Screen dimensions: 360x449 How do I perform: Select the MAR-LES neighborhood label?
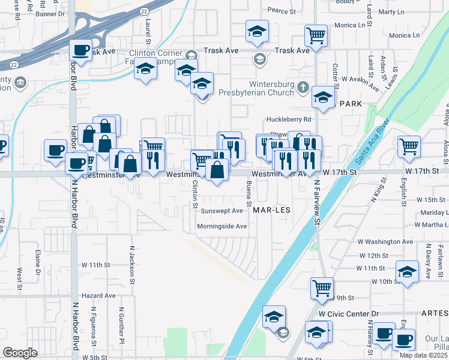(272, 211)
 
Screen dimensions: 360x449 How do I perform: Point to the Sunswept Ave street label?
(221, 211)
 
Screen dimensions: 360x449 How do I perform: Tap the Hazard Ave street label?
(98, 296)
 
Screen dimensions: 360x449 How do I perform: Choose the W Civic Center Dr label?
(349, 314)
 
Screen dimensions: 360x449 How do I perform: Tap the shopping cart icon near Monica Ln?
(315, 35)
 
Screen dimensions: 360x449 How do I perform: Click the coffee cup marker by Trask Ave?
(80, 50)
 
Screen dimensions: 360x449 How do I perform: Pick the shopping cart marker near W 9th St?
(322, 288)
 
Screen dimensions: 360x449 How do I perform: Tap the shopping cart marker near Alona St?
(409, 146)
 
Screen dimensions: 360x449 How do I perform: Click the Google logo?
(20, 353)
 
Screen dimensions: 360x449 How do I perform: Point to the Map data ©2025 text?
(424, 356)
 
